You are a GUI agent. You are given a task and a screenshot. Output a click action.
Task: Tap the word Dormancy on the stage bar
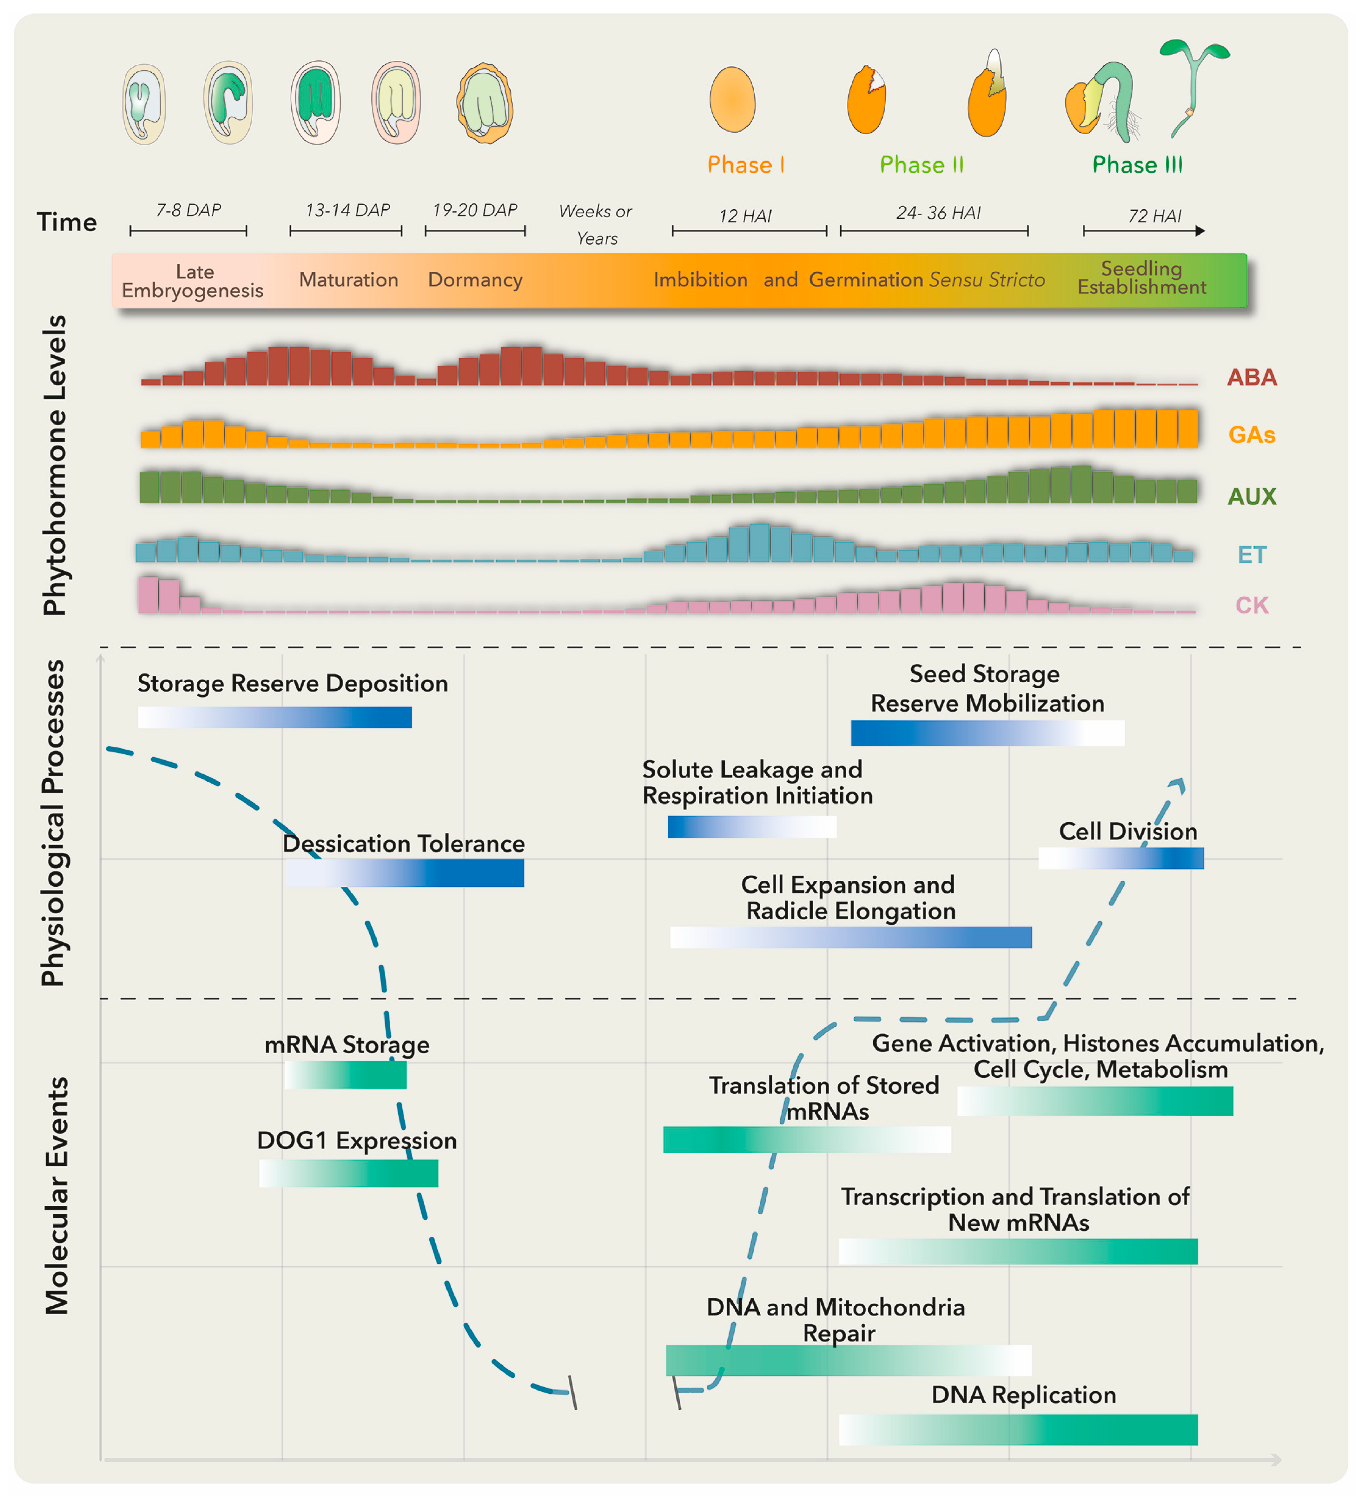[x=475, y=280]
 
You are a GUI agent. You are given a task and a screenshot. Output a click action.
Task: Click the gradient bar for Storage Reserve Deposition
[x=275, y=717]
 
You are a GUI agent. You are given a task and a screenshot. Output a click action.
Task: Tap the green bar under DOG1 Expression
[x=349, y=1173]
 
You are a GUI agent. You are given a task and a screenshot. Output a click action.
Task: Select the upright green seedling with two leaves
[x=1193, y=85]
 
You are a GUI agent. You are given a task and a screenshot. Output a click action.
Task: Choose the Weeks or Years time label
[x=596, y=224]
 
